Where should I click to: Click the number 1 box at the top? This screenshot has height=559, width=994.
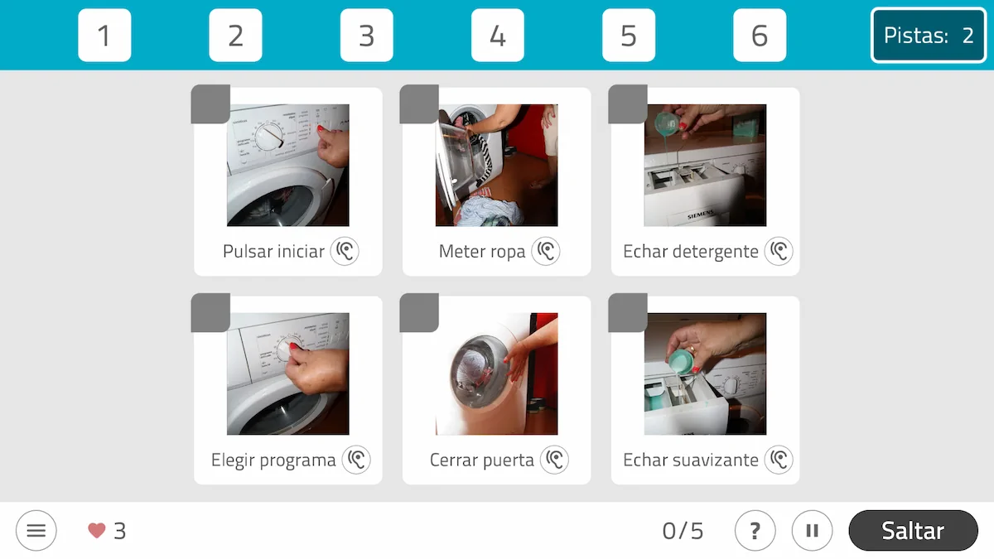(x=104, y=36)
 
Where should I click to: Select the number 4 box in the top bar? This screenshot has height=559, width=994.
(x=497, y=36)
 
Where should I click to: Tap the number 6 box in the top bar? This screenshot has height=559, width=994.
(x=760, y=36)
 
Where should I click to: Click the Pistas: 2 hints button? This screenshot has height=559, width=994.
(x=929, y=36)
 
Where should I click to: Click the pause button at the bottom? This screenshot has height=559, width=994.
(x=812, y=531)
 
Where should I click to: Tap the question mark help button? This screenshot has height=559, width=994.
(x=755, y=531)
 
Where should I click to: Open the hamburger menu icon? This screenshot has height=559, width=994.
(x=36, y=531)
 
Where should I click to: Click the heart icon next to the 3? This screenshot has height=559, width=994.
(x=97, y=531)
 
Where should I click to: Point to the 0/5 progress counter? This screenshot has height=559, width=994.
(x=683, y=531)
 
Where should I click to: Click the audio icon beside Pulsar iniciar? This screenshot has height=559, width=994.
(x=345, y=251)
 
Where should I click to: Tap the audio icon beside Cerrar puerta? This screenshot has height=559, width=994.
(x=554, y=460)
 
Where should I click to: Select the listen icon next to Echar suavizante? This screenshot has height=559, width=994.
(x=779, y=460)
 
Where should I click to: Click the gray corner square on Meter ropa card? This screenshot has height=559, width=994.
(x=419, y=104)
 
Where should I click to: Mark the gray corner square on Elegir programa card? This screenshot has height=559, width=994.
(x=210, y=313)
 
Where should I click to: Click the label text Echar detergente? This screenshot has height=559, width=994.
(x=690, y=252)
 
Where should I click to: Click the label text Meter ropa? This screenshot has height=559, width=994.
(x=482, y=252)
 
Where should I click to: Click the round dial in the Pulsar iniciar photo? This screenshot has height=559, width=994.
(x=269, y=137)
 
